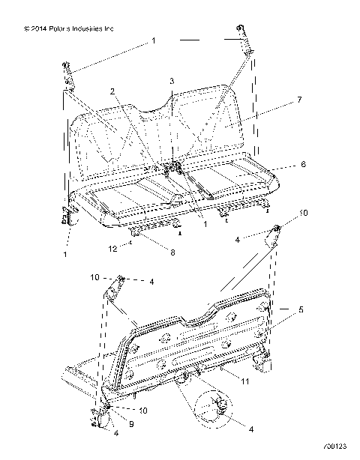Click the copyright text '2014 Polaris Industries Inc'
click(69, 29)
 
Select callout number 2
click(112, 91)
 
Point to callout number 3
click(171, 80)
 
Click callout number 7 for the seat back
click(278, 99)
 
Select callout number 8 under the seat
click(172, 252)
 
